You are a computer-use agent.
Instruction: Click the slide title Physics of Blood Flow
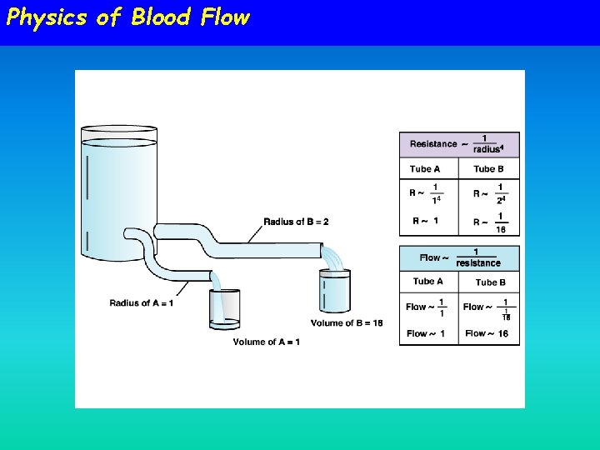(x=127, y=17)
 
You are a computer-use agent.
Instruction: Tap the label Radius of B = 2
(x=296, y=222)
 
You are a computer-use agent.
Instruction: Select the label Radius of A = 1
(x=142, y=302)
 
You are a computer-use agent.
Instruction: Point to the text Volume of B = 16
(x=347, y=323)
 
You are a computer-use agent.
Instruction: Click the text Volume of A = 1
(x=267, y=342)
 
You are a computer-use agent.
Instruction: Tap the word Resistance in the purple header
(x=433, y=144)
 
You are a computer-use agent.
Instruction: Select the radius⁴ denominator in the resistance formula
(x=488, y=150)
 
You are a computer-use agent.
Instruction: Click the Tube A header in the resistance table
(x=425, y=169)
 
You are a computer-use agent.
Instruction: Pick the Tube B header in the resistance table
(x=489, y=169)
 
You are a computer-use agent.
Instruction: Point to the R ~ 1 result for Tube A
(x=425, y=222)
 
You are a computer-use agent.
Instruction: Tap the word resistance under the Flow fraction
(x=478, y=263)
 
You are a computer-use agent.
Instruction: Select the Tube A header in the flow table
(x=427, y=282)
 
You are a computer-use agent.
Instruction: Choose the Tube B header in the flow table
(x=491, y=282)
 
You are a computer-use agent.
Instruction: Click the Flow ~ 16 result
(x=487, y=333)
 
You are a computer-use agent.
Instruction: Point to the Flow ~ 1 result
(x=425, y=333)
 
